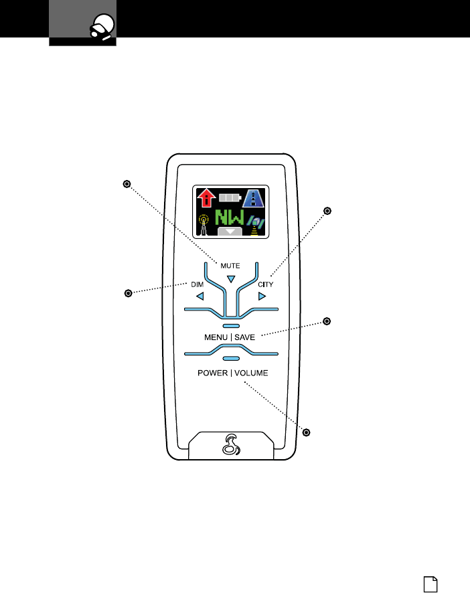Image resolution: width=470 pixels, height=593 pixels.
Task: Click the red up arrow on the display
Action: (208, 199)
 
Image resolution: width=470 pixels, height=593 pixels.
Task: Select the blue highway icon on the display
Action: (253, 199)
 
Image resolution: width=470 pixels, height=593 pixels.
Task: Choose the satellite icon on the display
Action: (254, 224)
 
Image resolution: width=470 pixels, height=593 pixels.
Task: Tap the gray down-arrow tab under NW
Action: (230, 232)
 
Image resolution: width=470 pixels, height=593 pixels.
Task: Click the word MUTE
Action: (230, 266)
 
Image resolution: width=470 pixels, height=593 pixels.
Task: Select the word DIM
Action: (197, 284)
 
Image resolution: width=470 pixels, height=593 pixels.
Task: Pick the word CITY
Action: (266, 284)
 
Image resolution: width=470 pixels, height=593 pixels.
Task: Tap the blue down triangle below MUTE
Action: (230, 278)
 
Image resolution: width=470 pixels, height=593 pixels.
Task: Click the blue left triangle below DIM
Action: (199, 296)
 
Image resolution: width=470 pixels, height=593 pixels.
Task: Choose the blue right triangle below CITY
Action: (262, 296)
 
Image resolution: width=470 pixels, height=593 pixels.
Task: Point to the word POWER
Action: (212, 373)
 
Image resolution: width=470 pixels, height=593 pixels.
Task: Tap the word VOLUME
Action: (251, 373)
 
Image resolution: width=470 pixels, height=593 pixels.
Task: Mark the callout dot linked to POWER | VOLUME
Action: (307, 432)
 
